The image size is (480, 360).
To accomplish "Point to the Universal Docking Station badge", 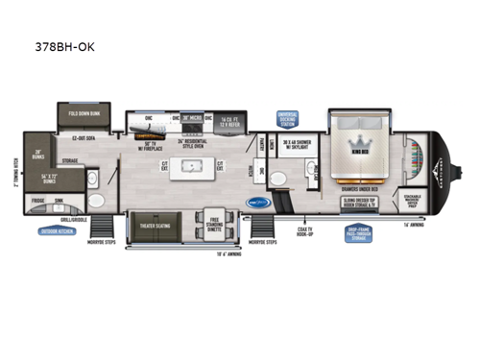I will pos(289,117).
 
